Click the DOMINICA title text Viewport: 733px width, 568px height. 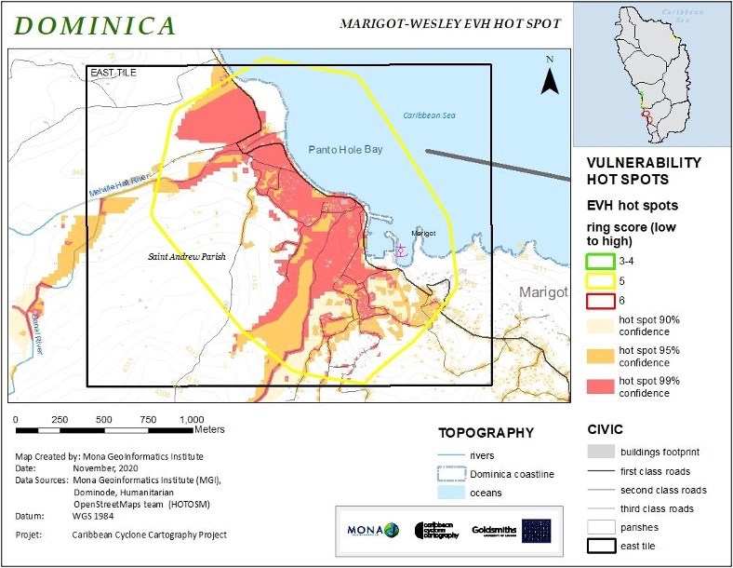coord(95,25)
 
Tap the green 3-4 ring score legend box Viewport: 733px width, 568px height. coord(601,261)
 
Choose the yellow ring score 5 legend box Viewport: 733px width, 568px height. coord(601,281)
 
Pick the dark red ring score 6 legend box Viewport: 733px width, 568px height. coord(601,301)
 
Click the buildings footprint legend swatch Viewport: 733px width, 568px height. coord(603,453)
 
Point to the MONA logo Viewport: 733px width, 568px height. coord(373,530)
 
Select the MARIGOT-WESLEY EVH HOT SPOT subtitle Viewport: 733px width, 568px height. coord(450,23)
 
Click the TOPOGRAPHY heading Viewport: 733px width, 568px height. coord(486,433)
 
